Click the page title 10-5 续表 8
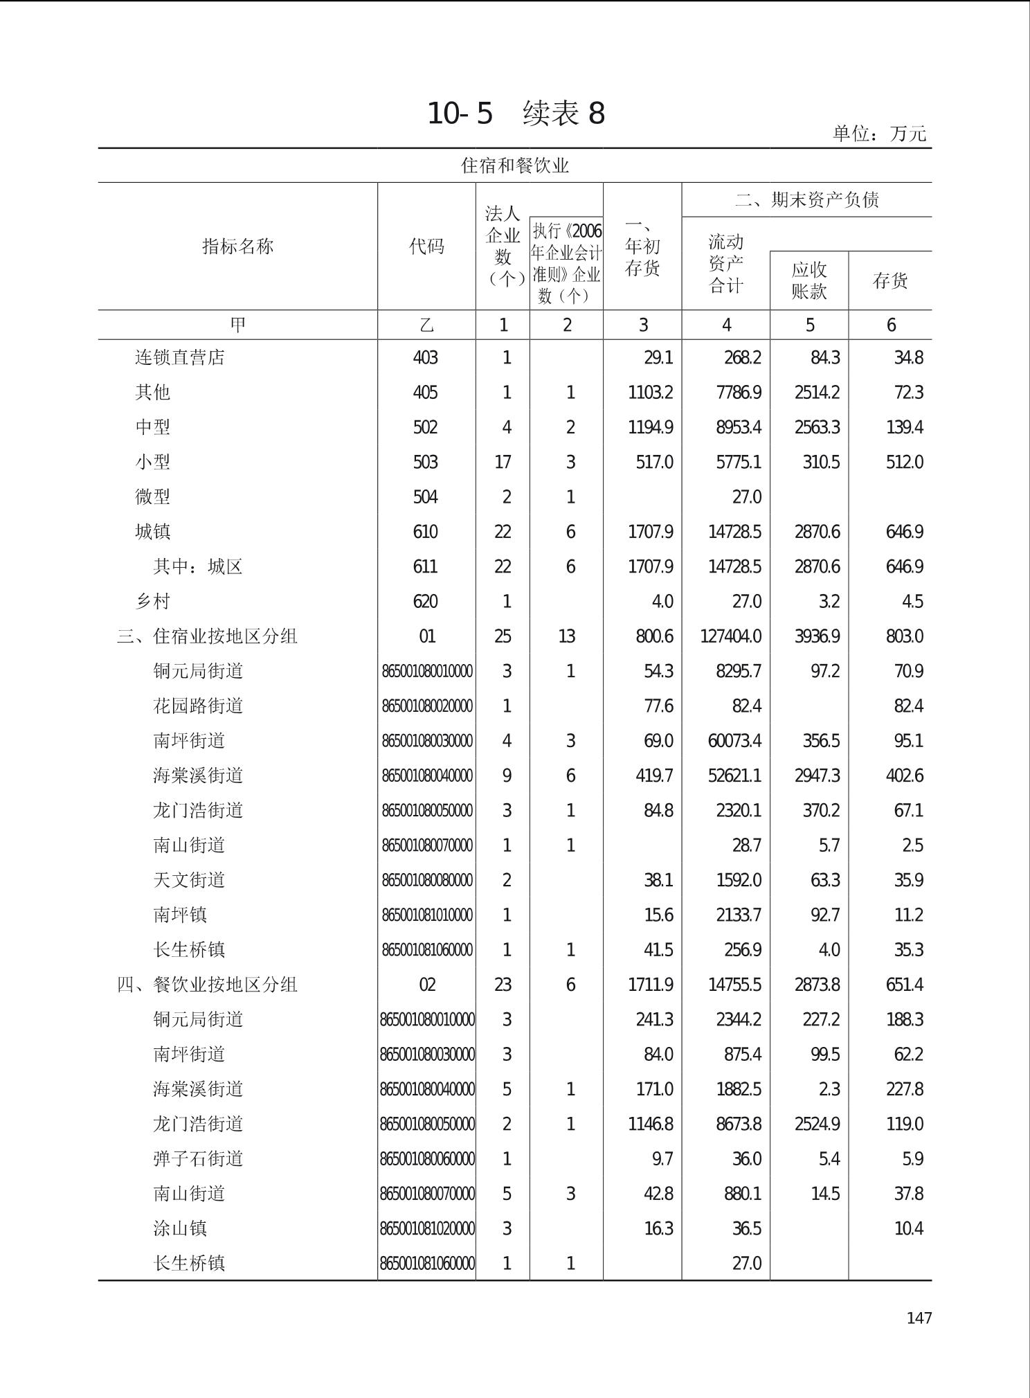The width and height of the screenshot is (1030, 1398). (x=516, y=113)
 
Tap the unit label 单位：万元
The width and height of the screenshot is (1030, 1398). (x=879, y=133)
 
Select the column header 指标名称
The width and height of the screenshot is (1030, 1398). (x=237, y=247)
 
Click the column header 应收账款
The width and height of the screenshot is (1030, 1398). (x=808, y=280)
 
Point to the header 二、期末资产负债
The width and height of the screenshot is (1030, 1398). (x=806, y=200)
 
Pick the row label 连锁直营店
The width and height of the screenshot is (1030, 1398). (x=180, y=357)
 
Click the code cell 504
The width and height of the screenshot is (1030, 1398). (x=426, y=497)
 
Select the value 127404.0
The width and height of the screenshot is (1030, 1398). (x=730, y=636)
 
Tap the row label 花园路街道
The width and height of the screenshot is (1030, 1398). (x=198, y=706)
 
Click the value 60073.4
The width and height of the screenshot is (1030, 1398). (x=734, y=741)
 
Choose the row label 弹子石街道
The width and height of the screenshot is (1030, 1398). (x=198, y=1158)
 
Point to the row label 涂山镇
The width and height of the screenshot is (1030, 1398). (x=180, y=1228)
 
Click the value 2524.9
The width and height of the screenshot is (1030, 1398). (x=817, y=1124)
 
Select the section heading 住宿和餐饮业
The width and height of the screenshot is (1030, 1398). (x=515, y=166)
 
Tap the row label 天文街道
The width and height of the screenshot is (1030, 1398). (x=189, y=880)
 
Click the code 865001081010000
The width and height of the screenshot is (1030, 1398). (x=427, y=915)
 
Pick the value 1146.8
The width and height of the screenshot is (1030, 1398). (x=650, y=1124)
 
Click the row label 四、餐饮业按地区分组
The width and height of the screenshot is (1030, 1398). (x=207, y=985)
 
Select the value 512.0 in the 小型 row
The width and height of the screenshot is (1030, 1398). (x=904, y=462)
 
